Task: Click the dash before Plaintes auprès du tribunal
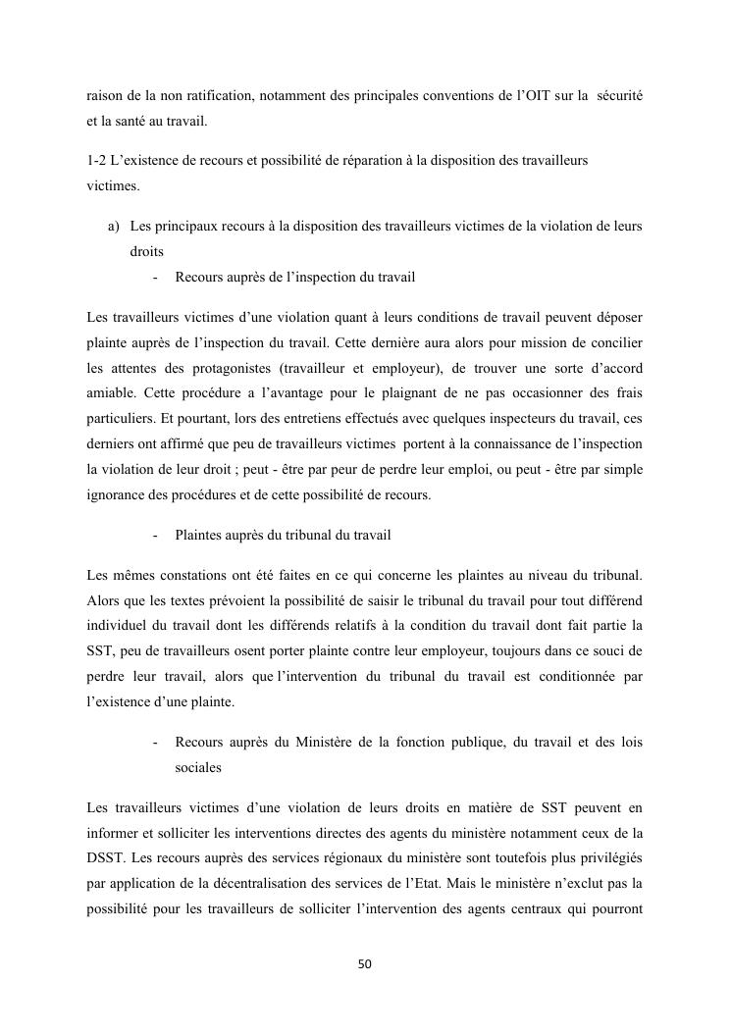pos(157,535)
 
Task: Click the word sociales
pos(198,768)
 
